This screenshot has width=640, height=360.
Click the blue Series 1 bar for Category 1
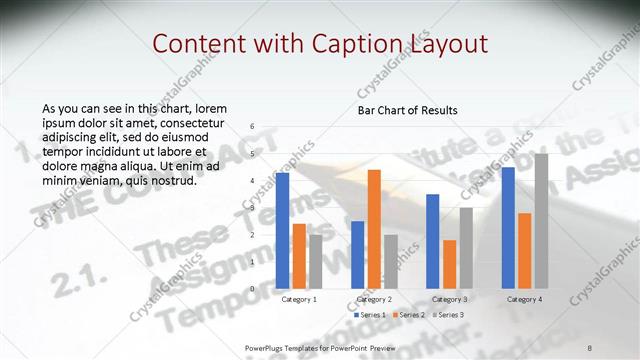282,230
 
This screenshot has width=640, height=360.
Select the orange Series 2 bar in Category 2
374,228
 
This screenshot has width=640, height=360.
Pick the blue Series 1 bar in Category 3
433,241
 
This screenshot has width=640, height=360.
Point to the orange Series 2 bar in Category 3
449,264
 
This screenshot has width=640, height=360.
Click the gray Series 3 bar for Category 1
315,261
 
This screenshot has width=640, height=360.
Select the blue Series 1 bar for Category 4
508,227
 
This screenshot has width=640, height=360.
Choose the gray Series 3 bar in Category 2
390,261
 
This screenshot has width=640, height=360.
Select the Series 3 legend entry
449,315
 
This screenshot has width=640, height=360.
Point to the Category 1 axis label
299,299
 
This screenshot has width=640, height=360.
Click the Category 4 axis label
524,299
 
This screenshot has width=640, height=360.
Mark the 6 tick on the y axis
252,126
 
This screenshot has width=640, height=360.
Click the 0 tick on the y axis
252,289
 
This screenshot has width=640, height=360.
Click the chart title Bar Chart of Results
408,110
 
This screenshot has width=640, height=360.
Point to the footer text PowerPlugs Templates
290,347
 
